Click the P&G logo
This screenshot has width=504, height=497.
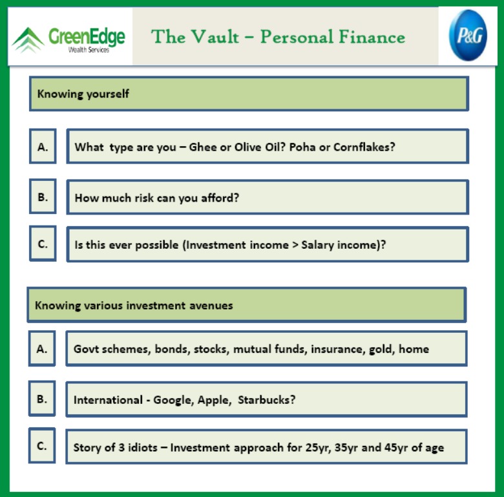point(468,36)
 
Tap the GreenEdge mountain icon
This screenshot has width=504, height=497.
point(28,40)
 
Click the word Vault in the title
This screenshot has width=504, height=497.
point(216,36)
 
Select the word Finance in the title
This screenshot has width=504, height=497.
point(372,36)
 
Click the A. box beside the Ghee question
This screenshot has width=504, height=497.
point(43,146)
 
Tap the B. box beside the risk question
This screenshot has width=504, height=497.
point(43,196)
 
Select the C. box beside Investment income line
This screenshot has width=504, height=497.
point(43,244)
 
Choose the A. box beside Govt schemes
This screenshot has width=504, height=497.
point(42,348)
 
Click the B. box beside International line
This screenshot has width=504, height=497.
point(42,398)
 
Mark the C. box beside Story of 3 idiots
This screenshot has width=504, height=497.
point(42,445)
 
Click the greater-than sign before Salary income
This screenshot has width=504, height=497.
point(295,245)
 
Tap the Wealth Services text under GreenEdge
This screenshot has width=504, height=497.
point(89,50)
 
